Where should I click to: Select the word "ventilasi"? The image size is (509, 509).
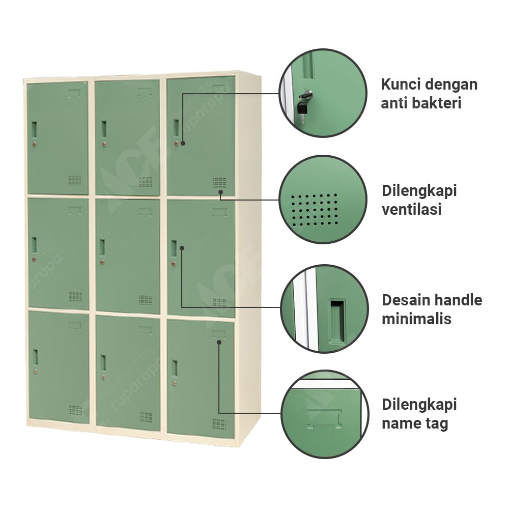coord(412,209)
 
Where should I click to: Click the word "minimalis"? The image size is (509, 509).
coord(416,319)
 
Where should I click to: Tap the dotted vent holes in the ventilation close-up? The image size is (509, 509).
coord(314,210)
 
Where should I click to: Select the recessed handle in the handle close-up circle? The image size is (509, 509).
coord(337,321)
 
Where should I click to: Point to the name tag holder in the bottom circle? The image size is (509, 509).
coord(324,419)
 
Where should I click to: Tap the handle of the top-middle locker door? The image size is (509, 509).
coord(104,129)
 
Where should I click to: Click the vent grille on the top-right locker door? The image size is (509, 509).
coord(219,182)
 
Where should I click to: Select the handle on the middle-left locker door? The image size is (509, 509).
coord(34,246)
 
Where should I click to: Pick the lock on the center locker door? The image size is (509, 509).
coord(102,262)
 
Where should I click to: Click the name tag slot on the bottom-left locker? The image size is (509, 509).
coord(75,325)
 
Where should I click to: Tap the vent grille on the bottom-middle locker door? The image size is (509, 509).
coord(146,417)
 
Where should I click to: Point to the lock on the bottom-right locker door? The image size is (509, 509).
coord(175,383)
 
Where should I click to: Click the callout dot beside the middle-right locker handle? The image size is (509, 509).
coord(182,248)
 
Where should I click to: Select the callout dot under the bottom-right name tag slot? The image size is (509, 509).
coord(219,342)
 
